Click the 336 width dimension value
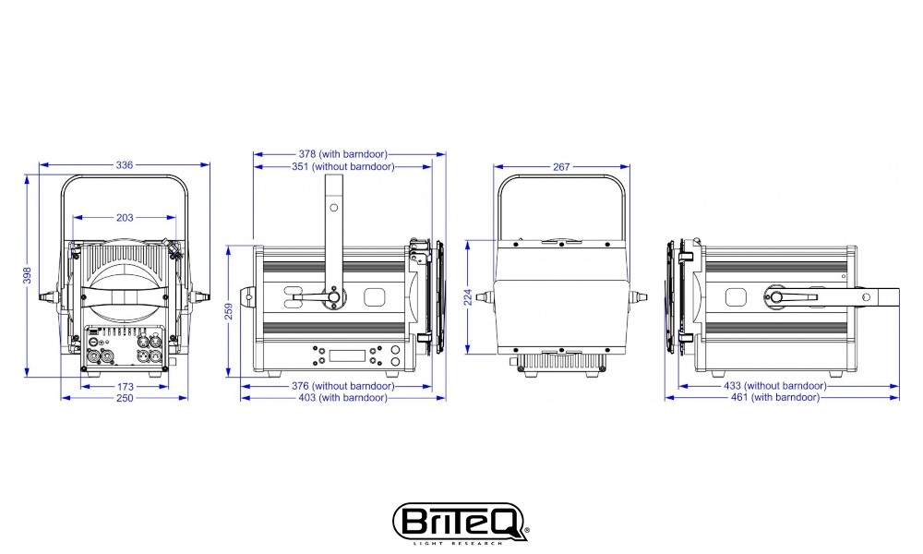125,165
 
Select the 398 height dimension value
27,275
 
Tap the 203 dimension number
125,218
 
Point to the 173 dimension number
126,387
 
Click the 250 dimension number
125,398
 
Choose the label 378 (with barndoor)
343,154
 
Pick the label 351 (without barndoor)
343,166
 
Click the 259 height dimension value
229,311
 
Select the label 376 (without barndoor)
343,386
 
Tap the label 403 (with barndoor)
343,397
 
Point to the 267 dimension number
561,167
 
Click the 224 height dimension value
469,297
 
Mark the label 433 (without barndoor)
775,386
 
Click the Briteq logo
461,521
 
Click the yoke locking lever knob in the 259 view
334,297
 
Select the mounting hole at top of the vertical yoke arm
334,207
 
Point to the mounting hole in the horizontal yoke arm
866,297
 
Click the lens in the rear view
125,283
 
